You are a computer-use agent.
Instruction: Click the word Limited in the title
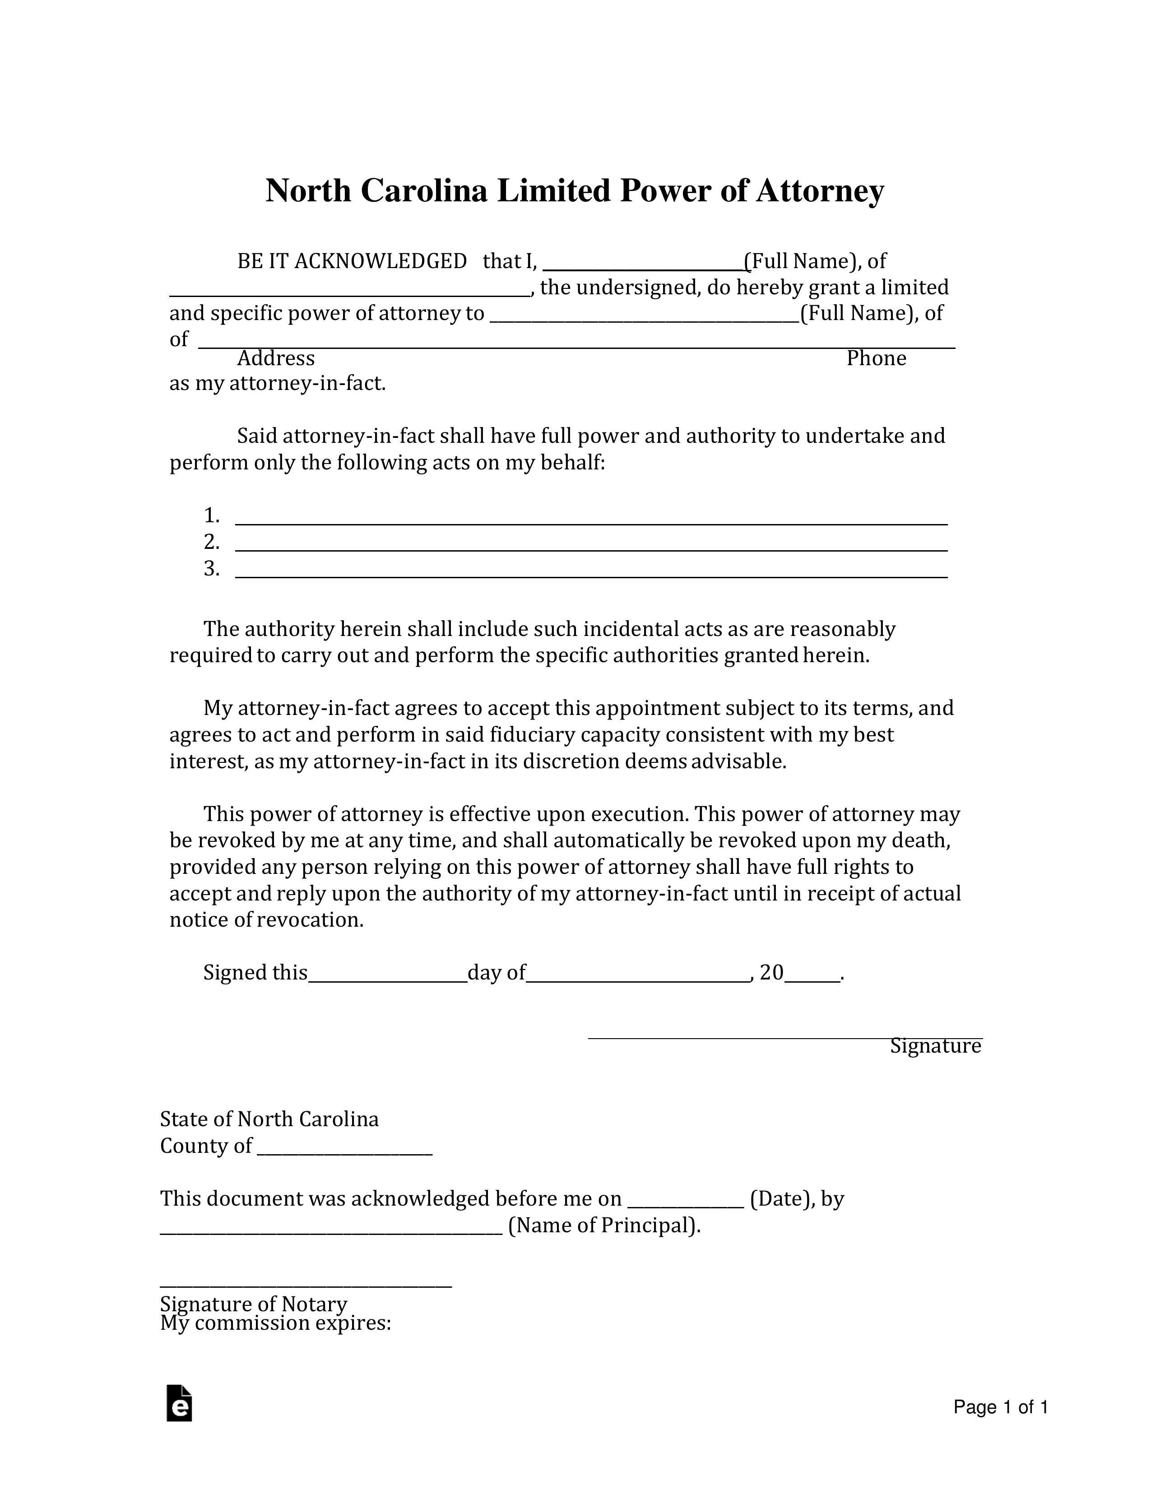point(553,191)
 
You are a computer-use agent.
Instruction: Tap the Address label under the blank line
point(276,358)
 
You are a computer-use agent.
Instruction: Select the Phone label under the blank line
point(876,358)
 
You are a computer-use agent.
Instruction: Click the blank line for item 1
point(591,523)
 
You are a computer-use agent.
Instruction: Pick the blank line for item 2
point(591,549)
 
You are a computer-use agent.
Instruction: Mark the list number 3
point(212,569)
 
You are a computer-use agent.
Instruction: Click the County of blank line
point(344,1154)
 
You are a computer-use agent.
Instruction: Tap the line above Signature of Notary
point(306,1287)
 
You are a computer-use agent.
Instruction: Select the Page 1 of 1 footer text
point(1000,1407)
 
